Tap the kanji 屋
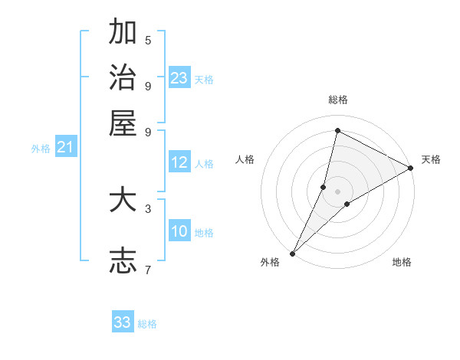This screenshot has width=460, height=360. (123, 123)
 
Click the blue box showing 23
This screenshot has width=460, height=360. (179, 78)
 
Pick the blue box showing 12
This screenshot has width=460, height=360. (179, 162)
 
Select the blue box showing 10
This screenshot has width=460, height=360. (179, 231)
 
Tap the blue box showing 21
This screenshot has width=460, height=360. (66, 147)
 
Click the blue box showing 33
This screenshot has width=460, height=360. (123, 322)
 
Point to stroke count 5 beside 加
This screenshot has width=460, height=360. (148, 40)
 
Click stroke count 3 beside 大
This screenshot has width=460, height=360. (148, 208)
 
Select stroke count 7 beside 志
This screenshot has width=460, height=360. (148, 269)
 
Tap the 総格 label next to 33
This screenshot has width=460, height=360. (147, 324)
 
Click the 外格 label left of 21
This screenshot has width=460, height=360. (40, 149)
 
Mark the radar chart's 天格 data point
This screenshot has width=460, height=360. (410, 169)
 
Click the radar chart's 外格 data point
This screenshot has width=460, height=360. (292, 253)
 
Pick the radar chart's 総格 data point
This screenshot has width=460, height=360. (337, 131)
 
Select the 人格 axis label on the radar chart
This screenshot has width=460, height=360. (245, 159)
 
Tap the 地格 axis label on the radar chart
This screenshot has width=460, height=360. (402, 262)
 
